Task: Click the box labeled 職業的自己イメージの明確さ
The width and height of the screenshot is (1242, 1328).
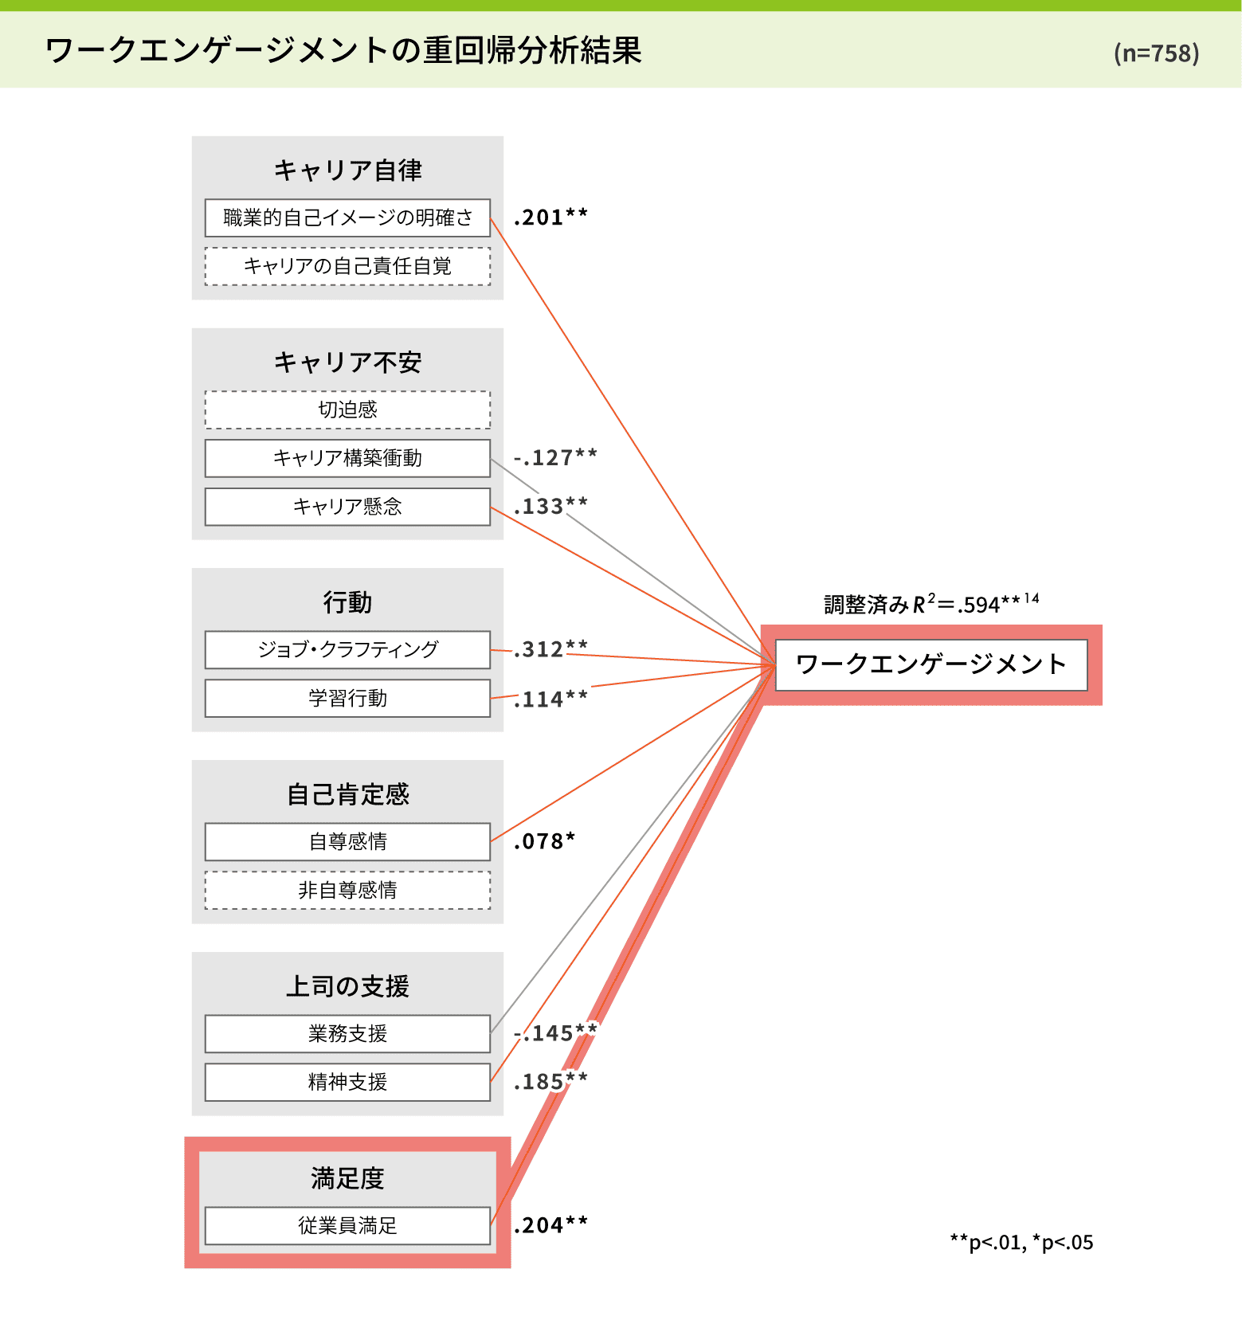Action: coord(347,217)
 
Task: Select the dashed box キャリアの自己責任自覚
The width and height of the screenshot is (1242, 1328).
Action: coord(347,266)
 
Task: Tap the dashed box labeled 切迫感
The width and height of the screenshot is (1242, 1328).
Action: coord(347,409)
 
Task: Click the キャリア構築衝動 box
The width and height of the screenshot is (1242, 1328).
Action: coord(347,458)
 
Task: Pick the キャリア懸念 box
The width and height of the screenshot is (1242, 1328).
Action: coord(347,507)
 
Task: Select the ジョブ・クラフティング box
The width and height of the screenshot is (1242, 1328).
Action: coord(347,650)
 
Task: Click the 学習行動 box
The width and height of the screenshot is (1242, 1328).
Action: coord(347,699)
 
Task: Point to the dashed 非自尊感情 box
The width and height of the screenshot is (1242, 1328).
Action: coord(347,890)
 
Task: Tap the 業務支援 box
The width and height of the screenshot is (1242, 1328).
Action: coord(347,1034)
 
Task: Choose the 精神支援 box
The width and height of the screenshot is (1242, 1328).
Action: coord(347,1083)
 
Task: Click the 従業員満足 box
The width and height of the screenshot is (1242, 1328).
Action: coord(347,1225)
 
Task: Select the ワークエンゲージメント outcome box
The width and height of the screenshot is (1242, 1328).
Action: coord(931,664)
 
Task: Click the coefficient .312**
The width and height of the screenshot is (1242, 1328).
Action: coord(550,648)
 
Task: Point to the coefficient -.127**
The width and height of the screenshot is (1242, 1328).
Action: coord(555,457)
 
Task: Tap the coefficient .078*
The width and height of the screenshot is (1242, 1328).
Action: coord(544,841)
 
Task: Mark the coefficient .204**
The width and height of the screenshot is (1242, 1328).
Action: coord(550,1225)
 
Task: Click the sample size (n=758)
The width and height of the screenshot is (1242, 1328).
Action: coord(1156,53)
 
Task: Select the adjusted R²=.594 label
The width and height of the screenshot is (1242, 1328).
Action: coord(931,605)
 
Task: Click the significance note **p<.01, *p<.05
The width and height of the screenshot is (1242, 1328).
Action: coord(1021,1243)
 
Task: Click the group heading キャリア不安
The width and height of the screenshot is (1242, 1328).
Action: coord(347,362)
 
